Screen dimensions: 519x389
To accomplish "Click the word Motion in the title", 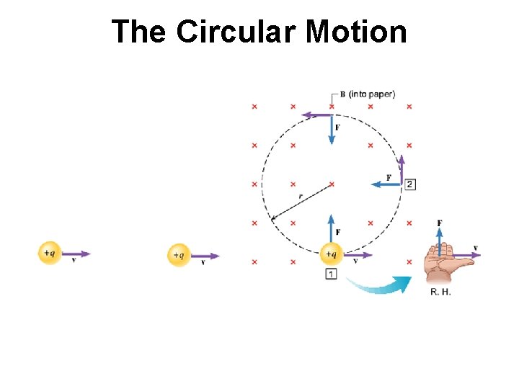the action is [356, 32].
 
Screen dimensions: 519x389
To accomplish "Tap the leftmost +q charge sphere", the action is [49, 253].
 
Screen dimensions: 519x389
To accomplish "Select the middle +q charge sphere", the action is [179, 255].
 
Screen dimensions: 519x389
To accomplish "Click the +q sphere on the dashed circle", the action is [331, 254].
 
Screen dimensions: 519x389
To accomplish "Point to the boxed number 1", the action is [331, 274].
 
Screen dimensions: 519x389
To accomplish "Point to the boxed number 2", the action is [409, 184].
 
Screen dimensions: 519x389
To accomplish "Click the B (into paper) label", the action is [371, 94].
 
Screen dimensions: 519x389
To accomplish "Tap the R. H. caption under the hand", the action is [440, 292].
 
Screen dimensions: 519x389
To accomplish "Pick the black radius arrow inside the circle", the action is [301, 202].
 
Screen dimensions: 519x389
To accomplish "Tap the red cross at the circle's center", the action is [331, 184].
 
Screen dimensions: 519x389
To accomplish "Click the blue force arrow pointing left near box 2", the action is [386, 184].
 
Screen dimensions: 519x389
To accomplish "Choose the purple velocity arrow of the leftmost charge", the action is [76, 254].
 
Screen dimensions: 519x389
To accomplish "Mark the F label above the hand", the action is [439, 223].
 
